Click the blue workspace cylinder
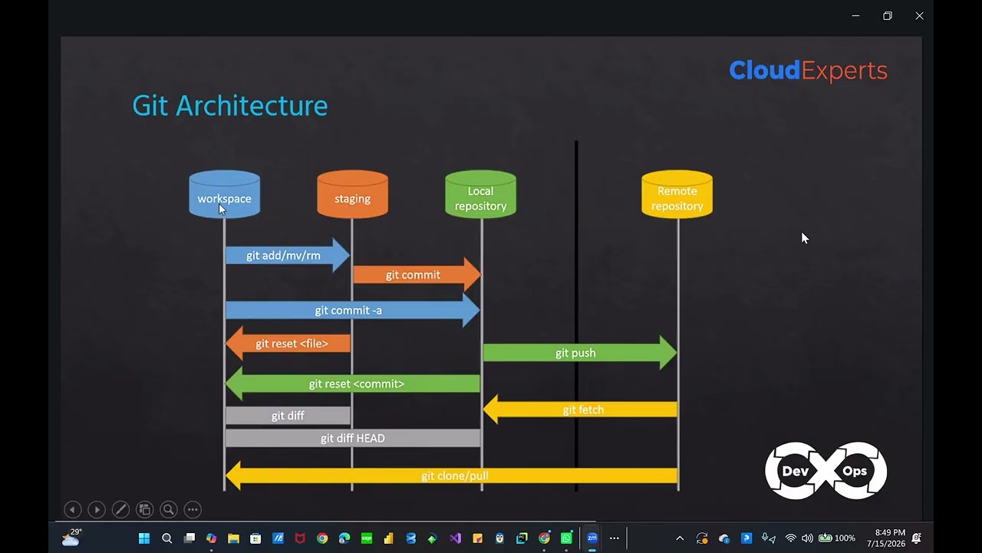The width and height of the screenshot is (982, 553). coord(225,194)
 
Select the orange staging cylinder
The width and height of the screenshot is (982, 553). coord(352,194)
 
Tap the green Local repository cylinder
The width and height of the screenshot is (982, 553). coord(480,194)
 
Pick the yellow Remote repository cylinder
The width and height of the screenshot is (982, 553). coord(677,194)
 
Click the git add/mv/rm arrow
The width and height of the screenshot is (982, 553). coord(288,255)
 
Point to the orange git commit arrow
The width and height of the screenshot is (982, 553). coord(417,275)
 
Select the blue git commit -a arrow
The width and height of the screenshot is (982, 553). coord(353,310)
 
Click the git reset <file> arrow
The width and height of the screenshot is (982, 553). coord(288,343)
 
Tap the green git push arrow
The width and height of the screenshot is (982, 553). coord(579,353)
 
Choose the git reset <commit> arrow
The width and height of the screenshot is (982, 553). coord(352,383)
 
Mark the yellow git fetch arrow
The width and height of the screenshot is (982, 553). coord(580,409)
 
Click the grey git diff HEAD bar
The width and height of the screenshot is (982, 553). coord(353,438)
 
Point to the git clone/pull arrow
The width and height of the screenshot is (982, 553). coord(452,475)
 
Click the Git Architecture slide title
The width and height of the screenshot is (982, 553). coord(230,106)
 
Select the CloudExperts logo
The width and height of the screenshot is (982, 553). coord(809,70)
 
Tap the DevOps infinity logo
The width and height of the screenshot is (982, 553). coord(826,471)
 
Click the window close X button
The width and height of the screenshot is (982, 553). coord(919,16)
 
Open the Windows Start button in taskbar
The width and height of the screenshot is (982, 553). coord(144,538)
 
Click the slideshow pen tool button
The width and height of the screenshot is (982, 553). coord(120,509)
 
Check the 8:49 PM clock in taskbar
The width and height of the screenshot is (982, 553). coord(890,532)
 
